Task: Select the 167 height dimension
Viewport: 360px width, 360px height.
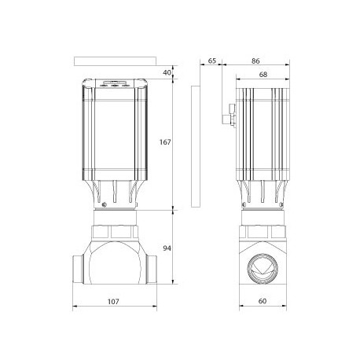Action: click(163, 142)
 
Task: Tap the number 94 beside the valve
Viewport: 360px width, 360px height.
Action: click(167, 249)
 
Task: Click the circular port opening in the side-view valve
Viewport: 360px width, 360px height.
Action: click(263, 268)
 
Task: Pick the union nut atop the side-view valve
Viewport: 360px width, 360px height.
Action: click(263, 233)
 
